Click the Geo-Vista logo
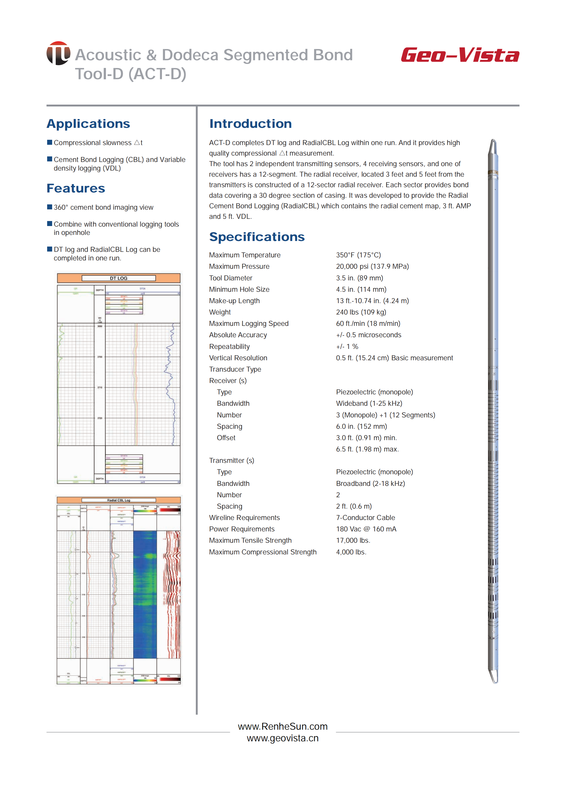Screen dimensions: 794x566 coord(460,55)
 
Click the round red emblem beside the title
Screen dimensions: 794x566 coord(58,53)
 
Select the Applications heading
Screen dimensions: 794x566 coord(88,124)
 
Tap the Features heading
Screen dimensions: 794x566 coord(76,188)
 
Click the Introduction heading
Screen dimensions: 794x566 coord(250,124)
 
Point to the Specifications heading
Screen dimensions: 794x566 coord(257,237)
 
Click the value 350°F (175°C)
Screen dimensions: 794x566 coord(358,255)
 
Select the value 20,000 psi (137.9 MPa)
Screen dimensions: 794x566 coord(372,267)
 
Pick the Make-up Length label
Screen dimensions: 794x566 coord(234,301)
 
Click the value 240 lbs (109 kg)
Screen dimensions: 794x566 coord(361,312)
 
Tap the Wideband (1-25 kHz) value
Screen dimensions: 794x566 coord(369,404)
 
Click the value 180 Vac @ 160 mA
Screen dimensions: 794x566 coord(366,529)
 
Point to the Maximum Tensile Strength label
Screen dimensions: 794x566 coord(250,541)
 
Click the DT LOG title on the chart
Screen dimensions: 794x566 coord(118,278)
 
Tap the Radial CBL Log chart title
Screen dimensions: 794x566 coord(118,500)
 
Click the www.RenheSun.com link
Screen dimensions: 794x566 coord(283,726)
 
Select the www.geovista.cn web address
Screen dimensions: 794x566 coord(283,738)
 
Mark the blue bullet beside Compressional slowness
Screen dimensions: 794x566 coord(49,142)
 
